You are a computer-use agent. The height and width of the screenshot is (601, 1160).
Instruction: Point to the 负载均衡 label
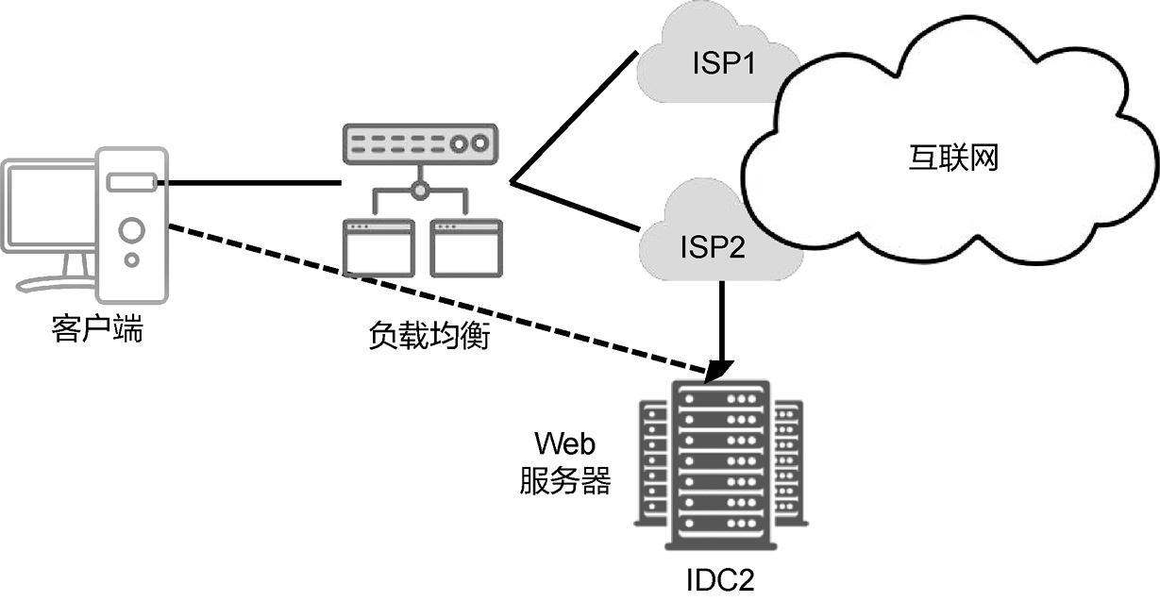(x=429, y=336)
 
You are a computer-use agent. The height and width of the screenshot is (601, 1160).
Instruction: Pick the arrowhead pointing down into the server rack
(x=721, y=366)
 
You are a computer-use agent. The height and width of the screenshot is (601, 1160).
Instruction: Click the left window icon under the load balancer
(x=378, y=247)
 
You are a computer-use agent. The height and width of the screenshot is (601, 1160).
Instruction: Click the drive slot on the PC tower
(x=131, y=181)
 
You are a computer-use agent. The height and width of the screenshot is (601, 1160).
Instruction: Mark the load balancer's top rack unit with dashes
(x=418, y=144)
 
